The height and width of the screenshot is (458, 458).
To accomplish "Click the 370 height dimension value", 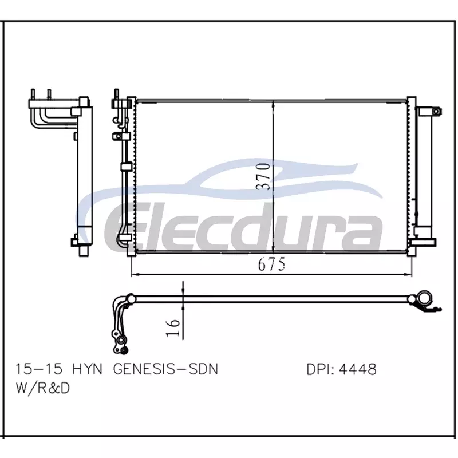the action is [263, 177].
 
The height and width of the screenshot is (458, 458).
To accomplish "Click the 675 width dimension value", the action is [271, 264].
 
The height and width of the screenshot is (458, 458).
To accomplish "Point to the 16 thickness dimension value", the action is [173, 327].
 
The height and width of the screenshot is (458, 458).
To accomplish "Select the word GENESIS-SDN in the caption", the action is [165, 369].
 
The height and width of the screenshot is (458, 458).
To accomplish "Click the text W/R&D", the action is [42, 388].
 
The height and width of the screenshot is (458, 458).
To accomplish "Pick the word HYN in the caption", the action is [87, 369].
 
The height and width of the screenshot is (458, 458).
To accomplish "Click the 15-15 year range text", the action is [39, 369].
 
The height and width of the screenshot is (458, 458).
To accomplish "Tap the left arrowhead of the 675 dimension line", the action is [135, 274].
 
